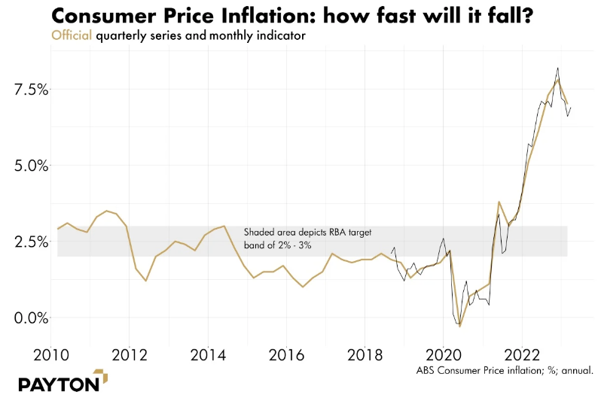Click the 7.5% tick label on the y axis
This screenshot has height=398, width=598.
click(29, 90)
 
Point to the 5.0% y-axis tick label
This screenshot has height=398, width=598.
click(29, 166)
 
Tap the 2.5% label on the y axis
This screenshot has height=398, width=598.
click(29, 242)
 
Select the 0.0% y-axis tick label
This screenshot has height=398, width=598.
click(29, 317)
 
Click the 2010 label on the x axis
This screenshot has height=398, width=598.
click(50, 354)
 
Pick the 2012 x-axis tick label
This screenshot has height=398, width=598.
click(129, 354)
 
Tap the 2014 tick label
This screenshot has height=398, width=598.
click(208, 354)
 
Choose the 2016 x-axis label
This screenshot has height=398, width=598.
click(286, 354)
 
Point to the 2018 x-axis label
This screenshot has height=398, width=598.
click(365, 354)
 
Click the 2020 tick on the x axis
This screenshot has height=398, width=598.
click(444, 354)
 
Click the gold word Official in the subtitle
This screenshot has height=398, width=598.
click(71, 35)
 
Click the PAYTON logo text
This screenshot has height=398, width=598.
click(59, 383)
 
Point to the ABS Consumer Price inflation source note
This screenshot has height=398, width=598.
click(505, 370)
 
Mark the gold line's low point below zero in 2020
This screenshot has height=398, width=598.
click(460, 327)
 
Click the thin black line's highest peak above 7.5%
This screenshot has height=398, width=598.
click(557, 68)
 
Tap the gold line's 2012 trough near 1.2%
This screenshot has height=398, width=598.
click(146, 281)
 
